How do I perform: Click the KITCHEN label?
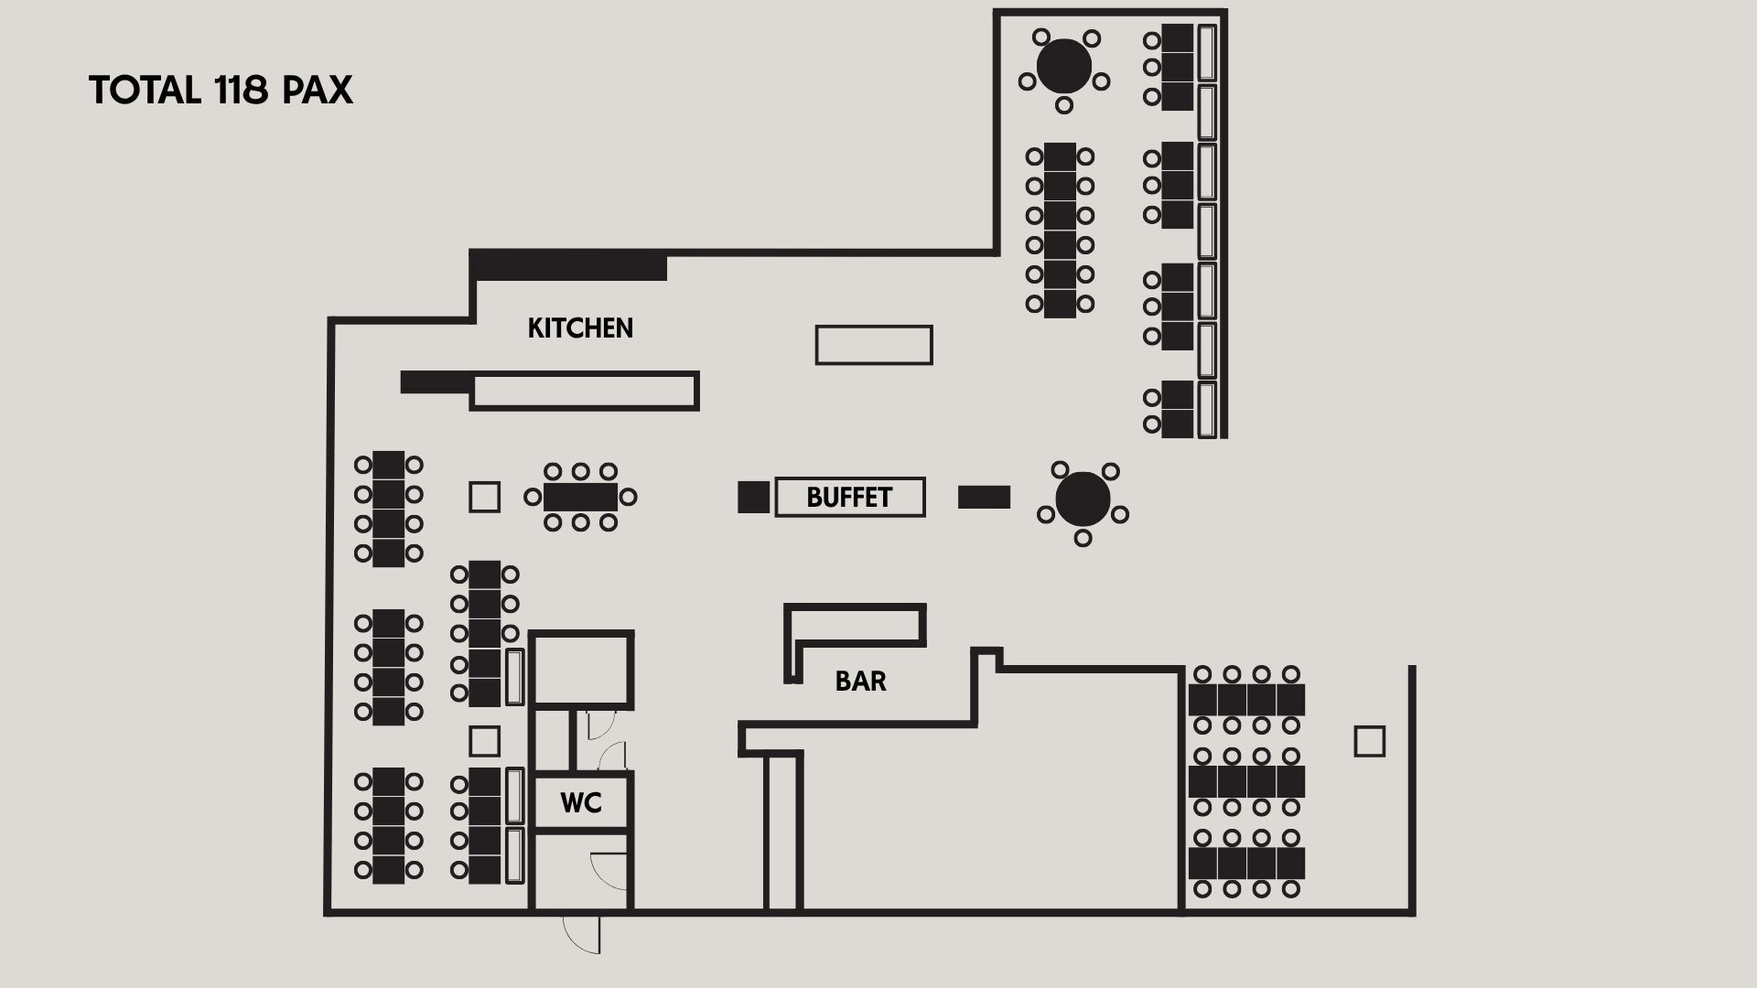580,328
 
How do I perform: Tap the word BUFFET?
849,498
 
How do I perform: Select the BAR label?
861,682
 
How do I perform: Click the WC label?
581,803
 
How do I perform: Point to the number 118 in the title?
242,91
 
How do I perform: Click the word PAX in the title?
318,91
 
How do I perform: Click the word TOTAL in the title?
145,91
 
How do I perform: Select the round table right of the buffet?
1083,499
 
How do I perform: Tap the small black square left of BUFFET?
754,497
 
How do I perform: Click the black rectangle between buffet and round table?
984,497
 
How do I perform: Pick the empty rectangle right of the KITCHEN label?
874,345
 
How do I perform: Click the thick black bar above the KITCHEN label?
568,265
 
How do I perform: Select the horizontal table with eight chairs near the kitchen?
580,498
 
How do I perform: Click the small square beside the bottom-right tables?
1370,741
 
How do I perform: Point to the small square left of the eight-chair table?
485,497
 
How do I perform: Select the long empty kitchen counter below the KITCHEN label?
585,391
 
